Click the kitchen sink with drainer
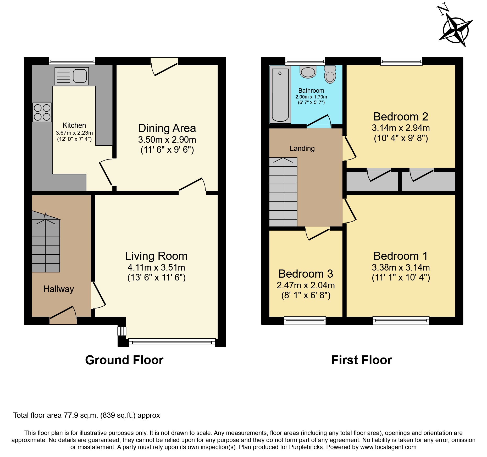tap(71, 76)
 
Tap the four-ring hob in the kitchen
tap(42, 112)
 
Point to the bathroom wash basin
tap(308, 72)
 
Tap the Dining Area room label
tap(167, 128)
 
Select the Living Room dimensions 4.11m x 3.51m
tap(156, 267)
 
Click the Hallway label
tap(58, 289)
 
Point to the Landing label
tap(302, 148)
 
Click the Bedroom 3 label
tap(306, 274)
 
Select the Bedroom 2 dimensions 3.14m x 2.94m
tap(401, 128)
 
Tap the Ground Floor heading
tap(124, 360)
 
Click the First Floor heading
tap(361, 360)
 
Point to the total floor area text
tap(86, 415)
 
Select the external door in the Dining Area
tap(164, 68)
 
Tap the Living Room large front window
tap(172, 342)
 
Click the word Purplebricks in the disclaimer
tap(306, 447)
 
